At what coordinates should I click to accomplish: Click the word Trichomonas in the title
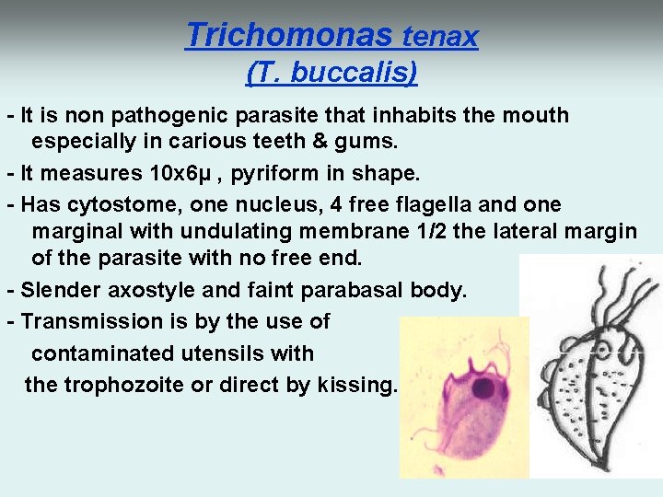pyautogui.click(x=289, y=35)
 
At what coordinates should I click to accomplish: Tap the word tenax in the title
pyautogui.click(x=440, y=37)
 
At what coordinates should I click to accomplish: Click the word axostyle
pyautogui.click(x=153, y=291)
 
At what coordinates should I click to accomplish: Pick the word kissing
pyautogui.click(x=356, y=385)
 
